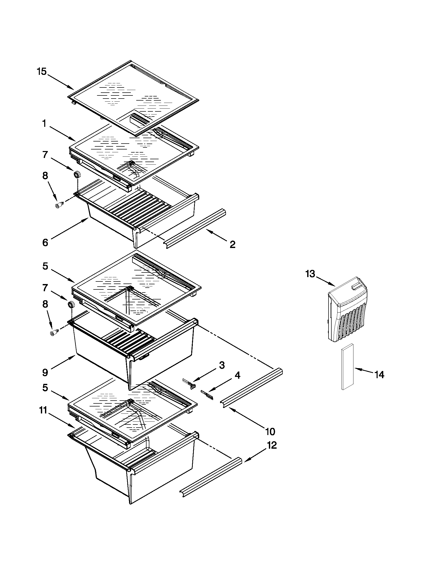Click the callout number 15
41,71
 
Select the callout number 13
310,274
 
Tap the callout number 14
379,375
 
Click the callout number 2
232,244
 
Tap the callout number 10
270,431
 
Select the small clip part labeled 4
207,394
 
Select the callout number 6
45,243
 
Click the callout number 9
45,373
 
